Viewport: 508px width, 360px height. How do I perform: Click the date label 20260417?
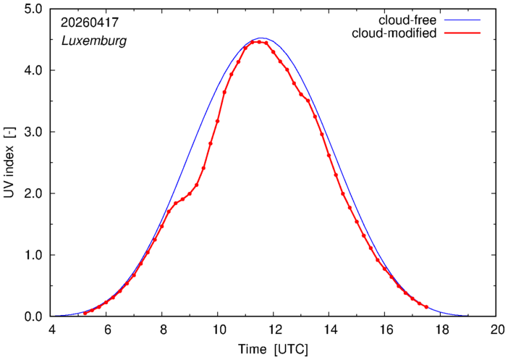click(90, 22)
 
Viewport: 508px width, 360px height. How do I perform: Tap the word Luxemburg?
click(94, 41)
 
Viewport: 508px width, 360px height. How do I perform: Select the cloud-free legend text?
click(407, 20)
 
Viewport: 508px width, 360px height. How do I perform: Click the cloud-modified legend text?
click(394, 33)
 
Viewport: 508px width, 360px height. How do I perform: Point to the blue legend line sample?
click(462, 20)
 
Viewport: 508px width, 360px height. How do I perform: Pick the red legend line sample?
click(462, 33)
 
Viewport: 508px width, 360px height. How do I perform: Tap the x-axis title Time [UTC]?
click(273, 349)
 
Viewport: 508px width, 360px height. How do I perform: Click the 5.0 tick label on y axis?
click(33, 9)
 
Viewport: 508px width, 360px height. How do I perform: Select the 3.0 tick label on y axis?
click(33, 132)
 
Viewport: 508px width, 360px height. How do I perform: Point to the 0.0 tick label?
click(33, 317)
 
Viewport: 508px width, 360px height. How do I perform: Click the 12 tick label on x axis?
click(274, 330)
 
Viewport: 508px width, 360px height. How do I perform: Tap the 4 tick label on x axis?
click(51, 330)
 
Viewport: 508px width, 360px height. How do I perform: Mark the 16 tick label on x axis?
click(385, 330)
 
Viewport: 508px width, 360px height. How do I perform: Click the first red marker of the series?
click(85, 313)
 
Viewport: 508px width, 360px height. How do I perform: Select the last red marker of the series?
click(426, 307)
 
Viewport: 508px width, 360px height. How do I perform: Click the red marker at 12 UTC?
click(273, 52)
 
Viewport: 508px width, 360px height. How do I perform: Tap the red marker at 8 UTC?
click(161, 227)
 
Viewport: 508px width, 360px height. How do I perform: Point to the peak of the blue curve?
click(261, 38)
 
